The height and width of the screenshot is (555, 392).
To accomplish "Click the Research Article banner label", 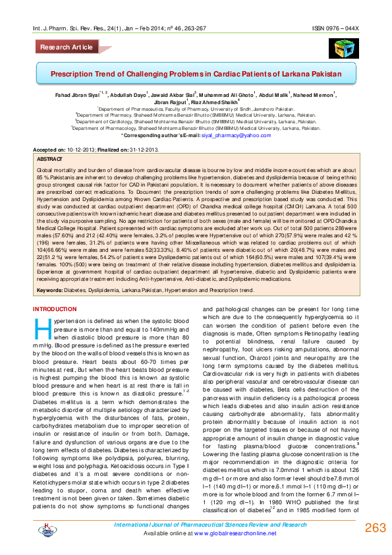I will point(67,47).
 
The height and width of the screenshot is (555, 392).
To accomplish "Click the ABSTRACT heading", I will point(49,160).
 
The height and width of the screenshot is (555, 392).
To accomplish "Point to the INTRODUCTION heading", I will point(55,309).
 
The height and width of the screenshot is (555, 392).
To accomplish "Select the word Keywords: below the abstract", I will point(51,290).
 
